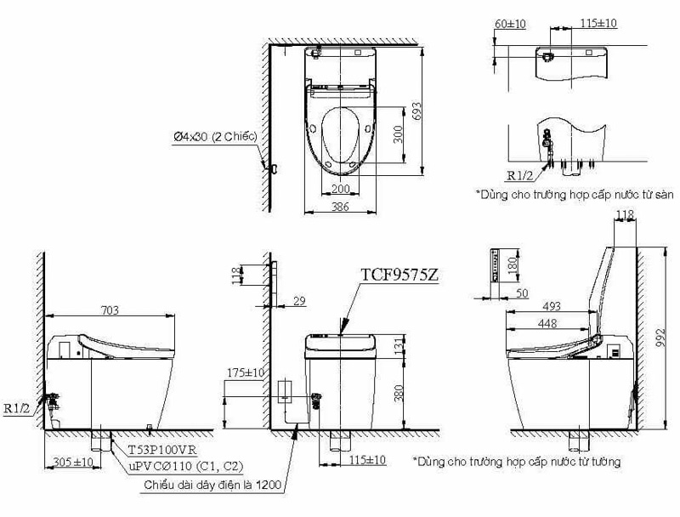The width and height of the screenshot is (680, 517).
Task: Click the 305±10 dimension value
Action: coord(71,463)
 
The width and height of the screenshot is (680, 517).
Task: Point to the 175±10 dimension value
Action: coord(245,373)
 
